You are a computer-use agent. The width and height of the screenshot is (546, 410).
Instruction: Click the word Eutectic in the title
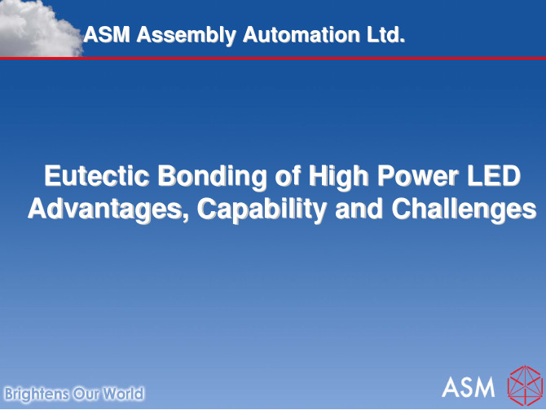click(97, 176)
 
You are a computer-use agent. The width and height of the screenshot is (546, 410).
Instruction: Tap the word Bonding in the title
click(213, 178)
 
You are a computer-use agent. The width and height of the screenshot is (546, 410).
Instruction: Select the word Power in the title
click(418, 176)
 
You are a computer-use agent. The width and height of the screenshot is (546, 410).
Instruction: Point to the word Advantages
click(108, 210)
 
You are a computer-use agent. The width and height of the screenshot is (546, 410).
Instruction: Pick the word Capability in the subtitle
click(262, 210)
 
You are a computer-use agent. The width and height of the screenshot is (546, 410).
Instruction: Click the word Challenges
click(464, 210)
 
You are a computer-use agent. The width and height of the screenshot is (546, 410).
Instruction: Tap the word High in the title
click(338, 178)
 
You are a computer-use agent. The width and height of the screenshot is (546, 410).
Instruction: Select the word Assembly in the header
click(187, 35)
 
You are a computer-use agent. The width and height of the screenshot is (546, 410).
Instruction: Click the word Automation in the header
click(302, 34)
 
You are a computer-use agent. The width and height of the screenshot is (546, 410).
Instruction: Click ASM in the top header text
click(107, 34)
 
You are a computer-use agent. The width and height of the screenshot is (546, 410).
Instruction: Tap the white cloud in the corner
click(39, 28)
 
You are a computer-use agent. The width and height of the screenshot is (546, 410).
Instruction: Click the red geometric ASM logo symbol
click(526, 386)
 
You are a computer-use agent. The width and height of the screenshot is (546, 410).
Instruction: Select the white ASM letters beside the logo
click(468, 386)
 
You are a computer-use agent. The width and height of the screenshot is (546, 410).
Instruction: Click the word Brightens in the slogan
click(37, 395)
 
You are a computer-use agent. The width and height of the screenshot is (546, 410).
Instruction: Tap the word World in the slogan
click(123, 394)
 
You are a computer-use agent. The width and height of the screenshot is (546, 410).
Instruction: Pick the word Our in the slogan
click(86, 394)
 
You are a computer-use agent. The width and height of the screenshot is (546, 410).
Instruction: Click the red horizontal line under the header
click(273, 58)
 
